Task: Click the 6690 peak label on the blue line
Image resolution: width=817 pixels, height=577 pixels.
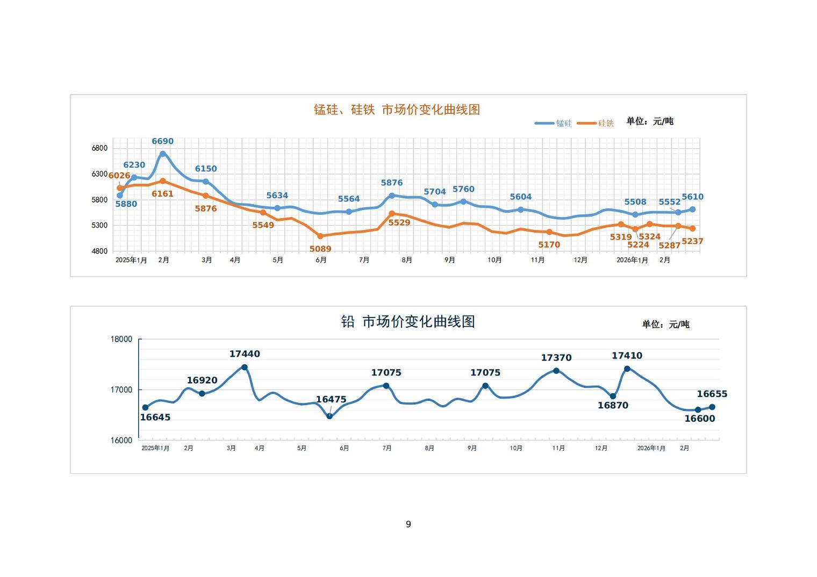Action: click(x=162, y=141)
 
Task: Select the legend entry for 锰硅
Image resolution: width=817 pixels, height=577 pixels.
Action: click(x=554, y=123)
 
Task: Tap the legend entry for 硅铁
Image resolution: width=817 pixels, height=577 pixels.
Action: click(x=596, y=123)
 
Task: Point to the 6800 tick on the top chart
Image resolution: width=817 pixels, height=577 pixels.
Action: click(x=99, y=148)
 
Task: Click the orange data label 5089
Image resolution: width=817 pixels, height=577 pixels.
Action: click(x=320, y=249)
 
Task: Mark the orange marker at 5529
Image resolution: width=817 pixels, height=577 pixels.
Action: click(x=392, y=214)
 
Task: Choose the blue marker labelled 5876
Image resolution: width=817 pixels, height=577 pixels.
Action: click(x=392, y=196)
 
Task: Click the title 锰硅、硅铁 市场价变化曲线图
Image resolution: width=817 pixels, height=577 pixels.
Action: click(x=397, y=110)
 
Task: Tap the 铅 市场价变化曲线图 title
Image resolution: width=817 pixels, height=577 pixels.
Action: click(x=408, y=321)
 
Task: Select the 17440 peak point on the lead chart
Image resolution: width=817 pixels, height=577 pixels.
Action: click(x=245, y=367)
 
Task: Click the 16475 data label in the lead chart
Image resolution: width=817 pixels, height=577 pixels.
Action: click(x=331, y=399)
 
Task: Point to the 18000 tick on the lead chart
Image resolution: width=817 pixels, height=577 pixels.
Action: click(x=121, y=339)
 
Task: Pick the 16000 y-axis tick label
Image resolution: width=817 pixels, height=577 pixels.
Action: click(x=121, y=440)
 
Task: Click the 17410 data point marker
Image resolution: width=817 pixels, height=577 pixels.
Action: click(x=627, y=369)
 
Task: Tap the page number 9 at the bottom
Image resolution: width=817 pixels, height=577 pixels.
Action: click(x=408, y=524)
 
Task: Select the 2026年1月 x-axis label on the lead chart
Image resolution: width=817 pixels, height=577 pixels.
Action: click(x=651, y=448)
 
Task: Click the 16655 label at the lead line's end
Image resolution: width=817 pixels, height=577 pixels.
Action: click(x=712, y=394)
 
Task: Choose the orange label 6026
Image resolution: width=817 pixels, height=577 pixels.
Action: click(x=119, y=176)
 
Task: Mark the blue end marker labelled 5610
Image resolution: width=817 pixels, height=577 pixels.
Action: click(x=692, y=210)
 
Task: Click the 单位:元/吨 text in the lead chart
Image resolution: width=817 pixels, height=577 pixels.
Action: click(x=665, y=324)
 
